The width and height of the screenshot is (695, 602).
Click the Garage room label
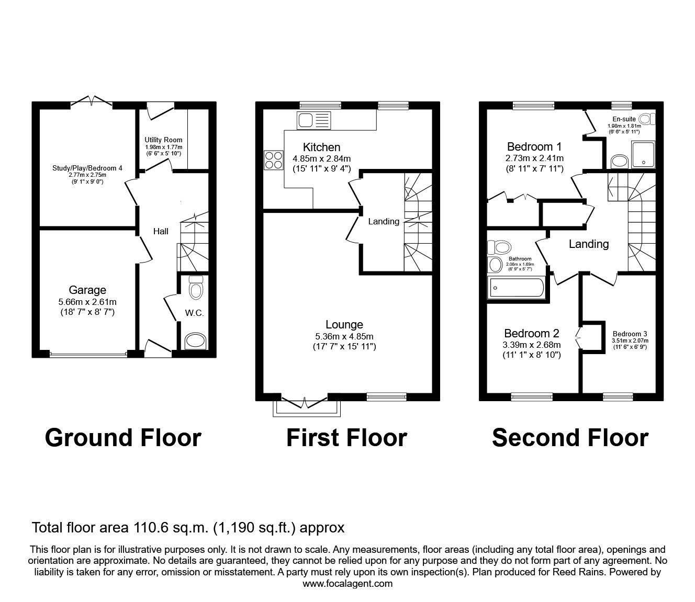(87, 290)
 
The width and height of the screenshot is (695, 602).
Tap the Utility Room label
(163, 140)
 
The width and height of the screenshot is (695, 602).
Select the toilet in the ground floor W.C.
(196, 288)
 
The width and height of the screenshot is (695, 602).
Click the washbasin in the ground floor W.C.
(196, 341)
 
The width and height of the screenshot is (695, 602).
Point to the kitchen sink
(313, 120)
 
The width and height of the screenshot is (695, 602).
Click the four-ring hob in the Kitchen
(273, 160)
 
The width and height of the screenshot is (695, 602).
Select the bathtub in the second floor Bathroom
(516, 288)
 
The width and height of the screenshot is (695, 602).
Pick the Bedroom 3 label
(630, 334)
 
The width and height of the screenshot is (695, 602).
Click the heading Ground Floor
(123, 437)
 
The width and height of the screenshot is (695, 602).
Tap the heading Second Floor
(570, 437)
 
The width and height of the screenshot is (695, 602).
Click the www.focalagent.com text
(347, 584)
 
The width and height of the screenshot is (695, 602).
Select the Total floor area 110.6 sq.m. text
(188, 527)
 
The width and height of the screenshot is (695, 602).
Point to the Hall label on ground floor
(161, 231)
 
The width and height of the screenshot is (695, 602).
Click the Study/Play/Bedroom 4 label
(87, 168)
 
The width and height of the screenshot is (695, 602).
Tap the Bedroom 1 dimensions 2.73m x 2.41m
(534, 158)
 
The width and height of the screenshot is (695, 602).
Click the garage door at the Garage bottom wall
(88, 354)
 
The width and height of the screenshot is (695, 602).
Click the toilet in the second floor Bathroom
(501, 246)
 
